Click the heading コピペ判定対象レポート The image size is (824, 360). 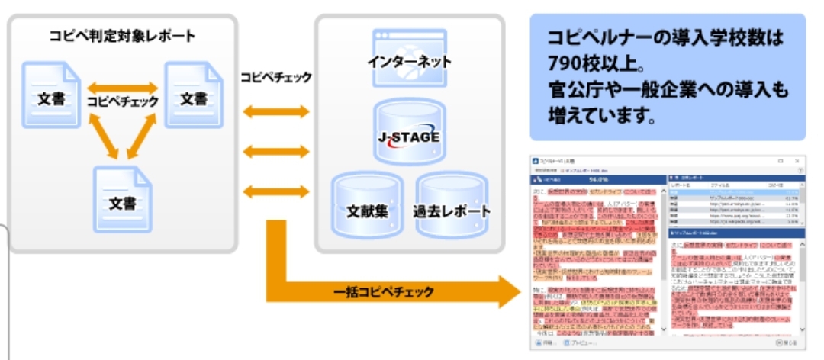pyautogui.click(x=122, y=37)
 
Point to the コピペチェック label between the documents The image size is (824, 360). pyautogui.click(x=123, y=101)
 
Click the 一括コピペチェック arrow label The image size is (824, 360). pyautogui.click(x=385, y=291)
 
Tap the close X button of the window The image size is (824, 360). pyautogui.click(x=797, y=162)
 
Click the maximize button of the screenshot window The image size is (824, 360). pyautogui.click(x=780, y=162)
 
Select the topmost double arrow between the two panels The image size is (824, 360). pyautogui.click(x=275, y=111)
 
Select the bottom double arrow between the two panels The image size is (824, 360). pyautogui.click(x=275, y=190)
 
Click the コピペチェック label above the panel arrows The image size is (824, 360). pyautogui.click(x=275, y=78)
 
